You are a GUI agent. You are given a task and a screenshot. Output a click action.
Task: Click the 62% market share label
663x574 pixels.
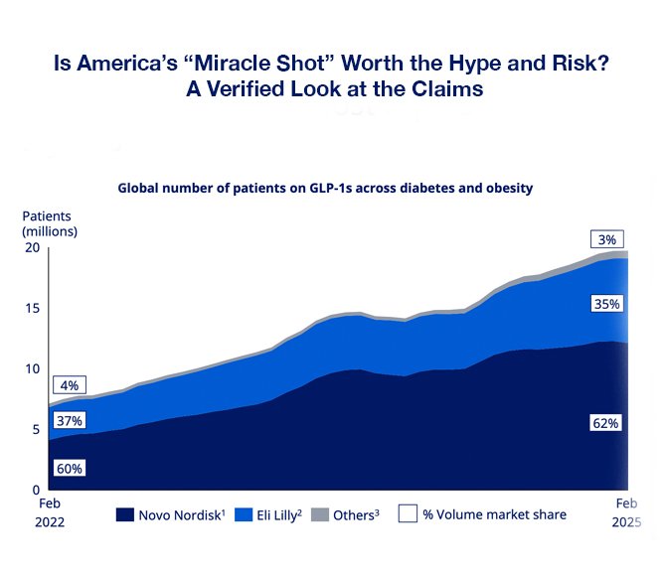click(x=606, y=423)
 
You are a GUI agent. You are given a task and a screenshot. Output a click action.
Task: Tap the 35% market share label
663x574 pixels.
click(x=606, y=304)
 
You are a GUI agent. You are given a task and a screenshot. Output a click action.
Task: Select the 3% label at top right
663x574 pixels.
click(x=606, y=239)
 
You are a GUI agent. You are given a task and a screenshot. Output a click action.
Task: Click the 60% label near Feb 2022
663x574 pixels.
click(x=70, y=468)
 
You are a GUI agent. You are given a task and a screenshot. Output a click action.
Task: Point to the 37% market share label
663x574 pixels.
click(x=70, y=421)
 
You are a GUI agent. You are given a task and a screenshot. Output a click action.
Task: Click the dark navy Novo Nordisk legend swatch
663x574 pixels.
click(x=125, y=514)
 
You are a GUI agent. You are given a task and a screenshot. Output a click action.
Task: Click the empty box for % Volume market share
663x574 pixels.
click(x=407, y=514)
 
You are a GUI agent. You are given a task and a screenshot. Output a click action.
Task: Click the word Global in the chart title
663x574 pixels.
click(x=141, y=187)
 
